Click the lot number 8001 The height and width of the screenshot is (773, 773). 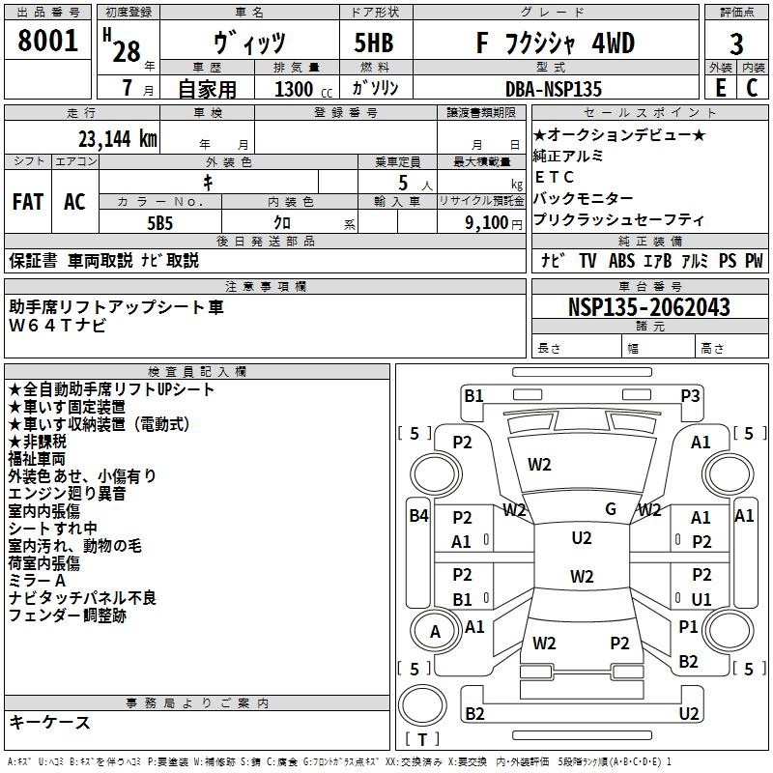pos(47,41)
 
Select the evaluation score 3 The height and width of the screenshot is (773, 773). pos(736,44)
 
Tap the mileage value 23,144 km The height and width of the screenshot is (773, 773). pos(117,139)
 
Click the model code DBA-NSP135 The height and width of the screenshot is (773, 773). pos(553,89)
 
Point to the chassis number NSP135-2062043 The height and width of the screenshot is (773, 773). pos(648,307)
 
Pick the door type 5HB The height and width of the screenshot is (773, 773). pos(374,43)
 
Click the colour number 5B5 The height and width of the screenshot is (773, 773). pos(159,223)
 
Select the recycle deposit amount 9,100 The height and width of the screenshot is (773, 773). pos(487,223)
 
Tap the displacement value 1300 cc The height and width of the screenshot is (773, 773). pos(303,90)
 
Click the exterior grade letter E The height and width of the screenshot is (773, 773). pos(720,88)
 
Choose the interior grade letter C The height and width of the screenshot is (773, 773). pos(752,88)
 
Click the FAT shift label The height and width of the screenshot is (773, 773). pos(28,202)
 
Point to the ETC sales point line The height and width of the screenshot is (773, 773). pos(554,177)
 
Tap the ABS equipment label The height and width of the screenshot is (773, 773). pos(621,261)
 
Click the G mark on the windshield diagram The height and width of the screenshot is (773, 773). pos(611,509)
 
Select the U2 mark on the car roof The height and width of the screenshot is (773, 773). pos(582,538)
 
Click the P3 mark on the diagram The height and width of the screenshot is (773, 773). pos(690,396)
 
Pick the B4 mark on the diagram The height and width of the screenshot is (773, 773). pos(419,516)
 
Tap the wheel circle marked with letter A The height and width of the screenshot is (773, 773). pos(435,631)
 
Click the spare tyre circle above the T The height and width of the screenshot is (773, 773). pos(422,705)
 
